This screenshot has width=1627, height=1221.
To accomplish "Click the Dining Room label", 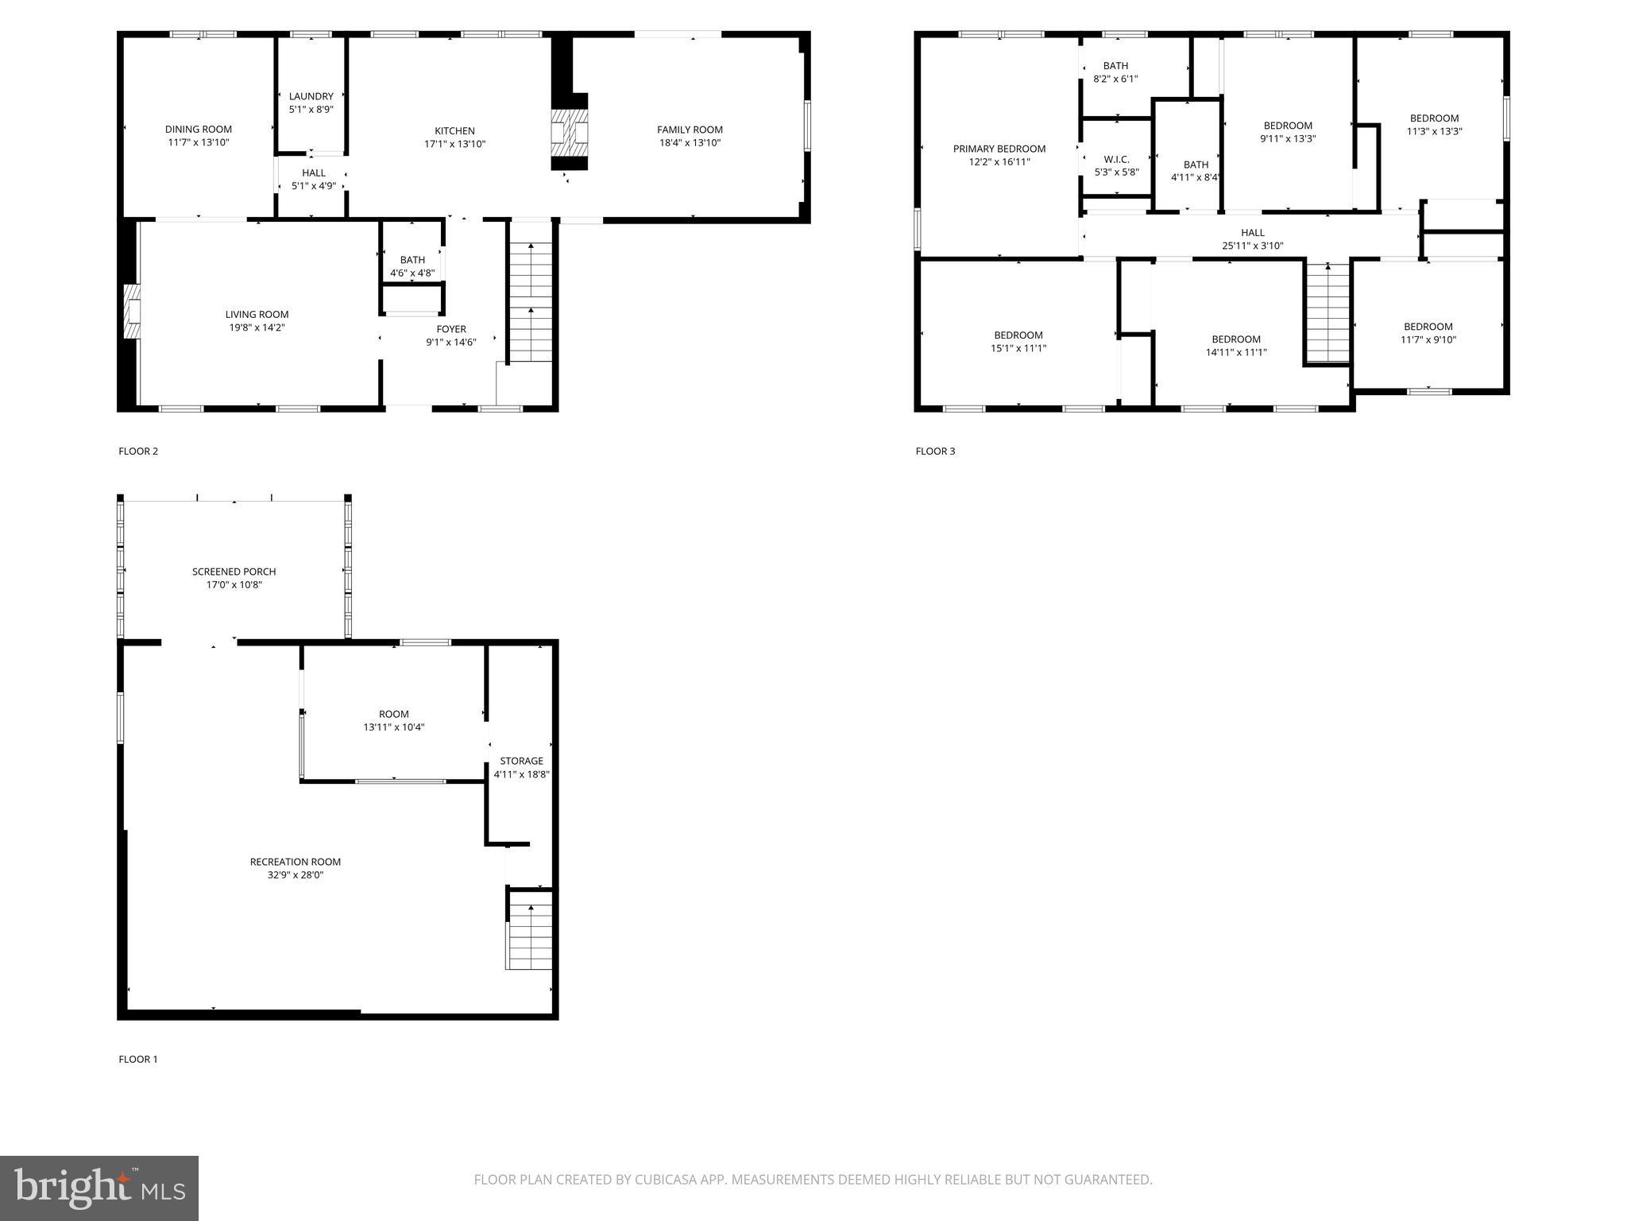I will [199, 130].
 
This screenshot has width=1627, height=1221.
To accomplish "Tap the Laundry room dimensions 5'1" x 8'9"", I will [311, 110].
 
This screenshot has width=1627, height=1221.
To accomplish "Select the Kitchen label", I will [454, 131].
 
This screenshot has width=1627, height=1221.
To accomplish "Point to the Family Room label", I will [690, 130].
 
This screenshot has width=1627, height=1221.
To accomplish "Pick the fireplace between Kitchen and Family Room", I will [570, 132].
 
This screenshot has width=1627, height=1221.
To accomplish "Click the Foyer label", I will [451, 329].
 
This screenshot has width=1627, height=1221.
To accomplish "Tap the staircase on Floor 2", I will [530, 302].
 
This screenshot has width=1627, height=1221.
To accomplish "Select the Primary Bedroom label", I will [999, 149].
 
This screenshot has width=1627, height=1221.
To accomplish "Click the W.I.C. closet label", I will [1116, 159].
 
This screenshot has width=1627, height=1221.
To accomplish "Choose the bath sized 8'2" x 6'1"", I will [1115, 72].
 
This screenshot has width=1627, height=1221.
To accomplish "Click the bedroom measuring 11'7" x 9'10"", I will [1428, 333].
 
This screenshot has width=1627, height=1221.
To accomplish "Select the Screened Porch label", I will [234, 572].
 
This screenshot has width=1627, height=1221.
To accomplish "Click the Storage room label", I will [521, 761].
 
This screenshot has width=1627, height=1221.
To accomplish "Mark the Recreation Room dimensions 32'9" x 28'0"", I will [295, 875].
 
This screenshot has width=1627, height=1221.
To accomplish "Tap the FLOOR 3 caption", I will [935, 452].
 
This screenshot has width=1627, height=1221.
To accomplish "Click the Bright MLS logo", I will [99, 1188].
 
